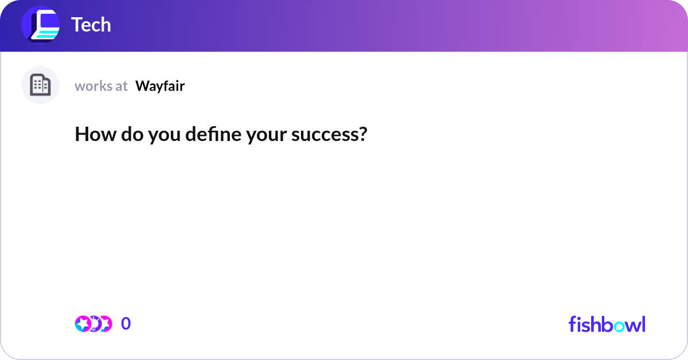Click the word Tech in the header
(x=91, y=25)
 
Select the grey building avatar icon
(x=40, y=85)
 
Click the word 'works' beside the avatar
(x=93, y=86)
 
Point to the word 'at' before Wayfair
(x=122, y=86)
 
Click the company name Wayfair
(x=160, y=86)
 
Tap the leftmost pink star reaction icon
(x=83, y=324)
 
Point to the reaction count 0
(x=126, y=324)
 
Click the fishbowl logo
(x=607, y=324)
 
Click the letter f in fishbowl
(x=572, y=324)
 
